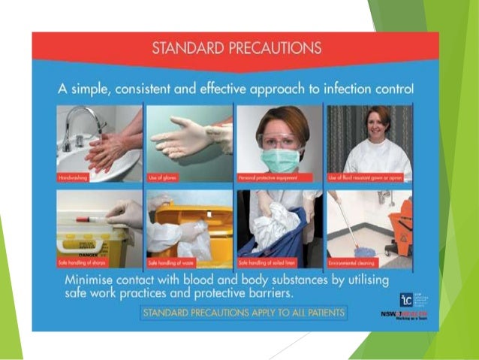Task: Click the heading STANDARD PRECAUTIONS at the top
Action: [x=236, y=49]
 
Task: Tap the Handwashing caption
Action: [x=75, y=178]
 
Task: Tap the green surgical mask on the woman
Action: [x=279, y=159]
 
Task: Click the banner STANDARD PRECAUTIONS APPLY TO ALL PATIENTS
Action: [x=243, y=312]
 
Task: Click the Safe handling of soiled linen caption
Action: [x=264, y=263]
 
